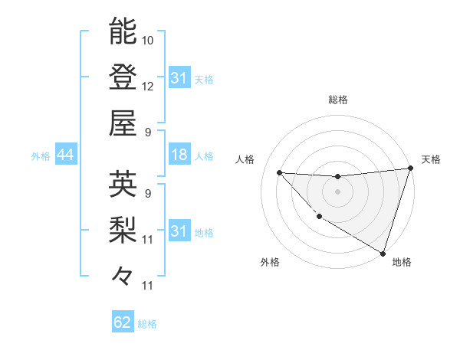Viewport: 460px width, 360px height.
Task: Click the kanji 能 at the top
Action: (123, 31)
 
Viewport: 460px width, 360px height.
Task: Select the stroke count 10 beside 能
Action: (149, 38)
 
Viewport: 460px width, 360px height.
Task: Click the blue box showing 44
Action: (65, 155)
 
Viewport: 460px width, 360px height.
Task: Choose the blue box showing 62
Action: (123, 322)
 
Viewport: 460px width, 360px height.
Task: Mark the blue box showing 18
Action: (179, 155)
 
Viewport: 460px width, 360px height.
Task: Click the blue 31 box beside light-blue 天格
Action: (179, 78)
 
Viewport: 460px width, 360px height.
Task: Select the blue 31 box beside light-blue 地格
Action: (179, 231)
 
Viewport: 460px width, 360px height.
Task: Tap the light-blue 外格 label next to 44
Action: (41, 156)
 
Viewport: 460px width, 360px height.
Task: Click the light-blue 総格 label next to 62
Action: (147, 324)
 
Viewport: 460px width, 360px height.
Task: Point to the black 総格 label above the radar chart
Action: (338, 100)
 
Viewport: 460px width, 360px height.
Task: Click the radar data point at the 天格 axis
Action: (410, 169)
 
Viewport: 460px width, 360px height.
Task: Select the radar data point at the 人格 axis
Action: (279, 172)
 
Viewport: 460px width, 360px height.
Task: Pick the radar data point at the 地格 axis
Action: (383, 253)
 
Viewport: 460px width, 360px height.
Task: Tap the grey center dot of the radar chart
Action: (337, 191)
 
